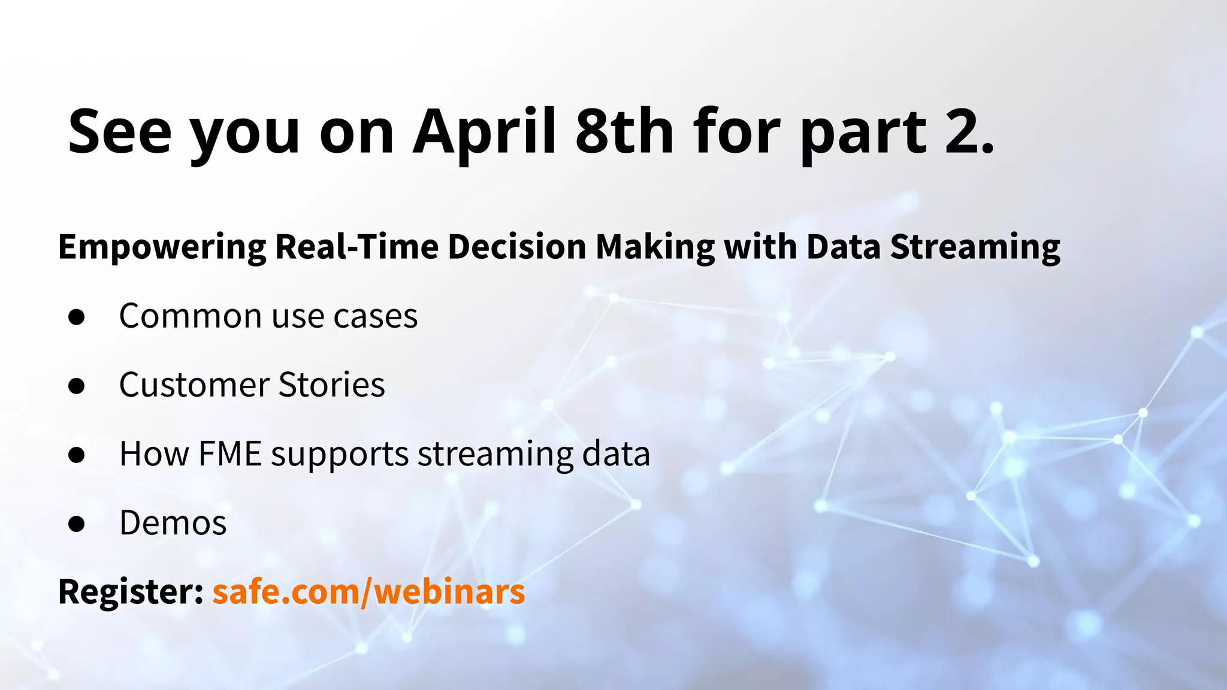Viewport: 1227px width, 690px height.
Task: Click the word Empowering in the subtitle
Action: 162,247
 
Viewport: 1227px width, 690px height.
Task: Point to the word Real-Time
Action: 356,246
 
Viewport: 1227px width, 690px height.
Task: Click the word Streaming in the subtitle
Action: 975,247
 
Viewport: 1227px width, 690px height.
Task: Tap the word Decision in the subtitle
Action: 516,246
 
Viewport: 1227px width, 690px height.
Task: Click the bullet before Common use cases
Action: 77,317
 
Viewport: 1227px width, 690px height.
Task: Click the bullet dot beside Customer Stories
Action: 77,386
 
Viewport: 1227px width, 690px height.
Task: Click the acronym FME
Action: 230,453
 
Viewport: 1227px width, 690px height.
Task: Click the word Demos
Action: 173,522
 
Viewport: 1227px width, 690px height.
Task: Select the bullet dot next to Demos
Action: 77,523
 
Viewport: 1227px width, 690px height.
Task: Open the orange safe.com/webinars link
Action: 368,592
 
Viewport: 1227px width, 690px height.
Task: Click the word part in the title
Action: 863,133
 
